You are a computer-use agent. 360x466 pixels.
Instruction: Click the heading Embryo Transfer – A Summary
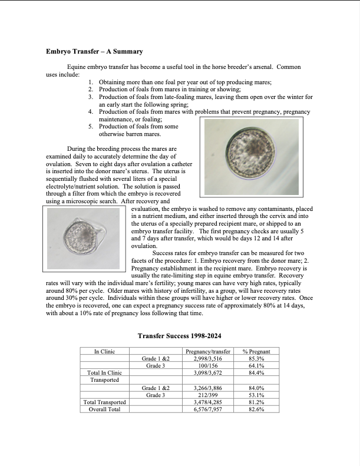click(x=94, y=52)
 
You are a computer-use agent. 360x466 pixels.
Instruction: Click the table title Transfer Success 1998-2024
click(x=180, y=336)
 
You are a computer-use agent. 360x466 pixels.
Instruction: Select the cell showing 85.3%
click(x=256, y=358)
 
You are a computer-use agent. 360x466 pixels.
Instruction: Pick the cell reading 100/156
click(x=207, y=365)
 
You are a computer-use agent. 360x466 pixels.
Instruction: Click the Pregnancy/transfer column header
click(x=207, y=351)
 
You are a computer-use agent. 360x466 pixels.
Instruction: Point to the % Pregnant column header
click(x=256, y=351)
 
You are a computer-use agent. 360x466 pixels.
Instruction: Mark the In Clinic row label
click(x=104, y=351)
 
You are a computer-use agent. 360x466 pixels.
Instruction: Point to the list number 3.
click(x=91, y=96)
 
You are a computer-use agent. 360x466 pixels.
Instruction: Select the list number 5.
click(x=91, y=126)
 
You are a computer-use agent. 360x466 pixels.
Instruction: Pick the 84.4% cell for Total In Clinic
click(x=256, y=372)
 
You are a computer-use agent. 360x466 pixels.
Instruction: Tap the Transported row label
click(x=104, y=380)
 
